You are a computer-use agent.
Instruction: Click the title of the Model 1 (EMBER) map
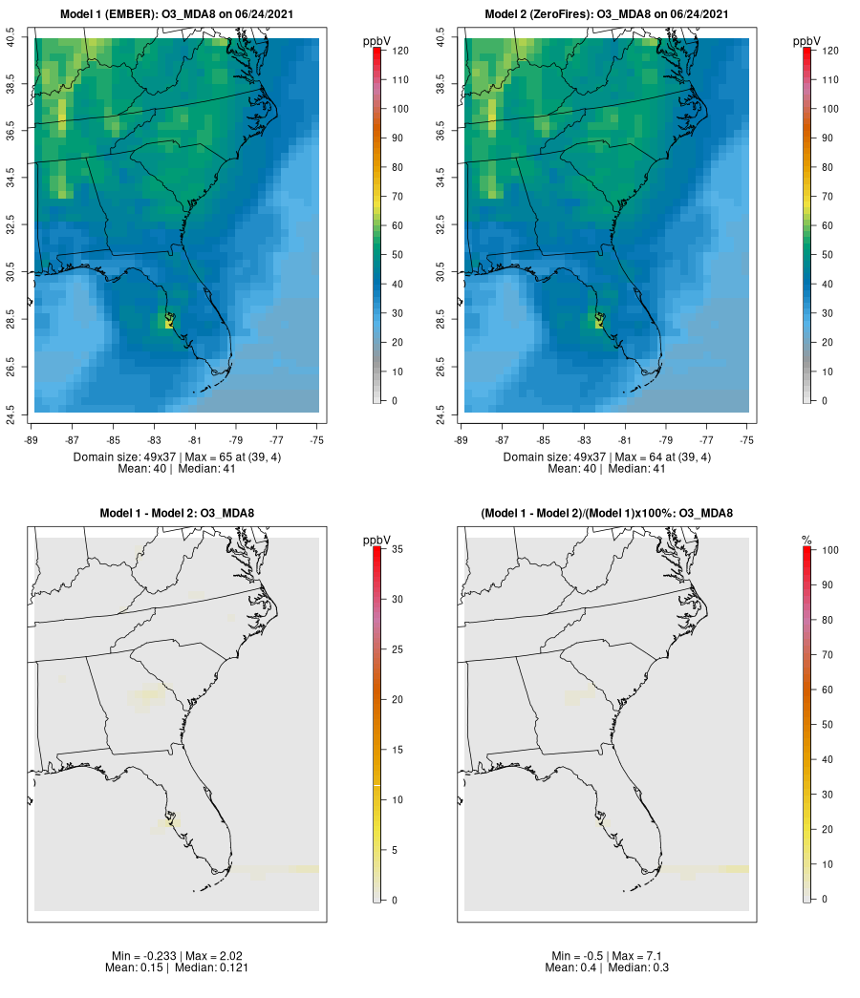177,13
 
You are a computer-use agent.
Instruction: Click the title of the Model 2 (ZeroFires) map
607,13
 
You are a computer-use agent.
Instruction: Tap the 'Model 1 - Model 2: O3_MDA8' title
177,513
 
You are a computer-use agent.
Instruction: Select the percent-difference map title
607,513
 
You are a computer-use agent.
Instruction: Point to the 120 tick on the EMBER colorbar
401,51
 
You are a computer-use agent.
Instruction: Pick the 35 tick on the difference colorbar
401,549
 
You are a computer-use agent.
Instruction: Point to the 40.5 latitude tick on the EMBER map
11,38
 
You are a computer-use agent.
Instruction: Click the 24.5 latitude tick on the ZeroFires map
441,413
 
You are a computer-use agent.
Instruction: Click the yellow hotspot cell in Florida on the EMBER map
169,322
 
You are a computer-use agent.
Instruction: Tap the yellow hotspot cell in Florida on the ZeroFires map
599,322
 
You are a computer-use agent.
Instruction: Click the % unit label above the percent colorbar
807,541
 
